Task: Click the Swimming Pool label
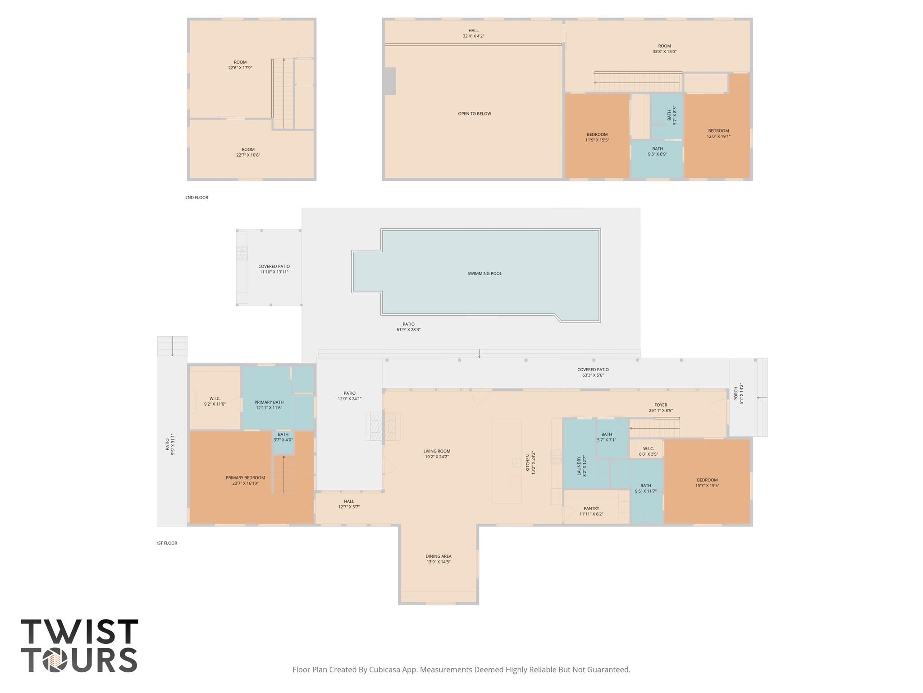(484, 273)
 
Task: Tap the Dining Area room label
(438, 556)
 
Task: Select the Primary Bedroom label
(245, 478)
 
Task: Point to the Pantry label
(591, 508)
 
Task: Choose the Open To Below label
(474, 114)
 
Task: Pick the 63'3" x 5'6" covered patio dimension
(593, 375)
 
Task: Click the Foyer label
(661, 405)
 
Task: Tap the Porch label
(736, 393)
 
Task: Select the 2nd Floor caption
(196, 198)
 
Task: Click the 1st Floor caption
(166, 543)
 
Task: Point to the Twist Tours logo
(79, 646)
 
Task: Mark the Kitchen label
(528, 463)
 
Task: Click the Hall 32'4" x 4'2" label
(473, 33)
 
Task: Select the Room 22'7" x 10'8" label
(248, 152)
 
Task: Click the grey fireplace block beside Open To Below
(390, 81)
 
